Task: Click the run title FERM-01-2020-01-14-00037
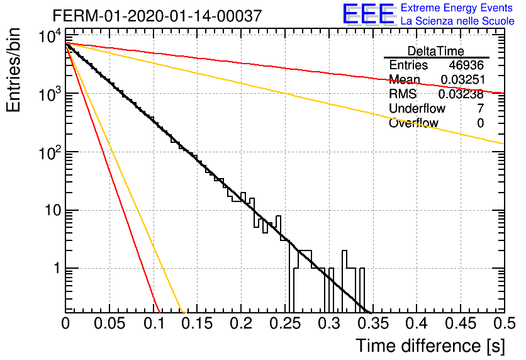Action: (157, 16)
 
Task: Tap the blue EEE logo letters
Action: (368, 13)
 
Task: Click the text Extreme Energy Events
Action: (457, 8)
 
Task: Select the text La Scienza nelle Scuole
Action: (457, 21)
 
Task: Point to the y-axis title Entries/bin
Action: (13, 70)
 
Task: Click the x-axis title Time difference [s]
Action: (430, 346)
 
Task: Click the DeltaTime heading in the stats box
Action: (436, 51)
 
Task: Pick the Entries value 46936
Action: (466, 65)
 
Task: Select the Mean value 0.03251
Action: (463, 79)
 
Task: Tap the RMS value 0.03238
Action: (461, 94)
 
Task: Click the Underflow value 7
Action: (480, 108)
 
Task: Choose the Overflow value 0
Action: (480, 123)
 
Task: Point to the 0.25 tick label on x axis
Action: (285, 323)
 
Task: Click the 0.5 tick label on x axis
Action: (504, 323)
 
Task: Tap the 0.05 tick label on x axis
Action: (109, 323)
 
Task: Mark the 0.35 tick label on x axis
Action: (372, 323)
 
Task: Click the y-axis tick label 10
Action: (53, 211)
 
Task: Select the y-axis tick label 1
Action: (57, 268)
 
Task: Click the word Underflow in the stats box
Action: (417, 108)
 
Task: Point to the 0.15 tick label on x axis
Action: (197, 323)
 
